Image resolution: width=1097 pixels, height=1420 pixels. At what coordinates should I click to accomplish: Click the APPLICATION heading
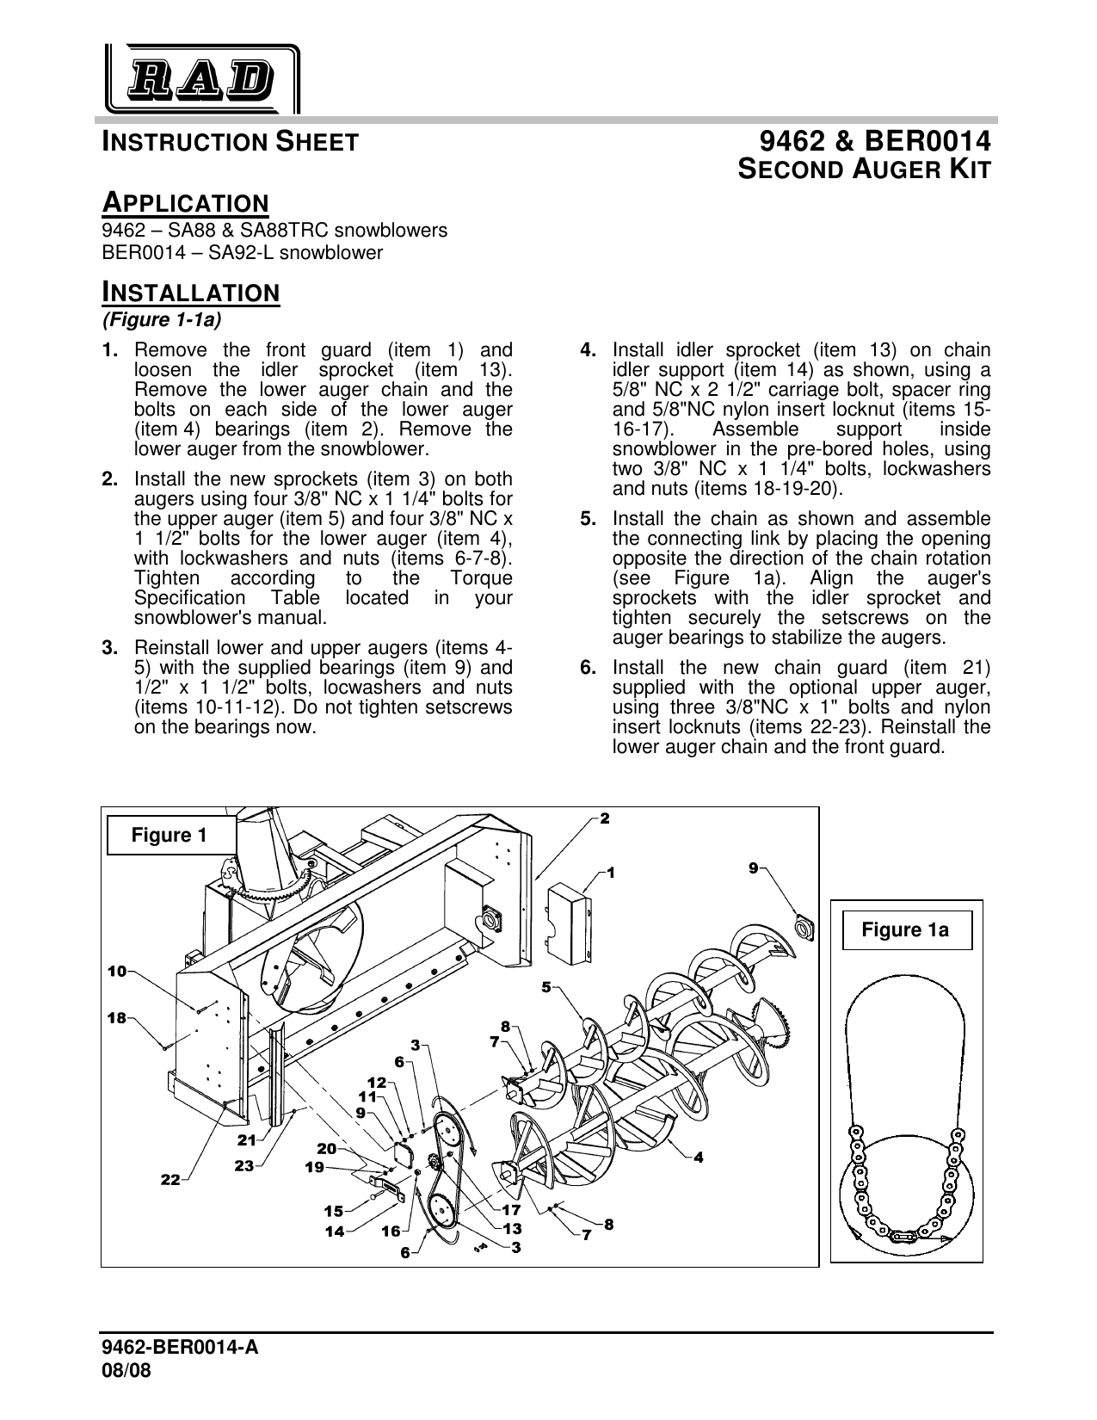pos(186,204)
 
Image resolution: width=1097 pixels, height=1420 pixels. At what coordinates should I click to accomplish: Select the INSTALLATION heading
pos(191,292)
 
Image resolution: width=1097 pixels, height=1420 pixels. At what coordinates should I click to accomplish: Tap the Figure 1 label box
pos(169,836)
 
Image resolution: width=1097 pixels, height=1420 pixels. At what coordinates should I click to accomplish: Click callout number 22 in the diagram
pos(170,1180)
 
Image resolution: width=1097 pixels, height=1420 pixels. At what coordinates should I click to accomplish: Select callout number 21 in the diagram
pos(248,1140)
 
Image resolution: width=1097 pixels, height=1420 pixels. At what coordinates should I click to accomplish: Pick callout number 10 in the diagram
pos(117,971)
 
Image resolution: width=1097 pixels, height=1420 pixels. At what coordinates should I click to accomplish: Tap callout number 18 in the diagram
pos(117,1017)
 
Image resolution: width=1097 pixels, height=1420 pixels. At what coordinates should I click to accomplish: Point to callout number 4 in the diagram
pos(699,1158)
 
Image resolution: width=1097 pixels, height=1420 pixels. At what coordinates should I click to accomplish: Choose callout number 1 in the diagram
pos(610,872)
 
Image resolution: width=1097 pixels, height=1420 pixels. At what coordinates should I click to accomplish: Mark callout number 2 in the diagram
pos(605,818)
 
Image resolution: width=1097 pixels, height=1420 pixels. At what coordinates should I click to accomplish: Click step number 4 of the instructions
pos(589,350)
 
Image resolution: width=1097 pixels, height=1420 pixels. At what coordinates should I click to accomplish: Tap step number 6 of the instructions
pos(589,668)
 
